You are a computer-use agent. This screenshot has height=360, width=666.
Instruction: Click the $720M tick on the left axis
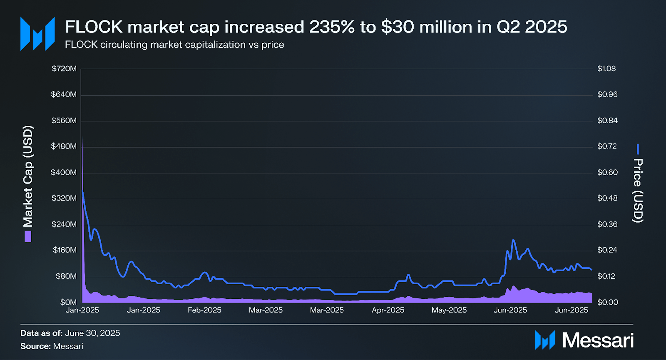pos(64,69)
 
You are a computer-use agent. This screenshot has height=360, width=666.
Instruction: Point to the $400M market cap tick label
pos(64,172)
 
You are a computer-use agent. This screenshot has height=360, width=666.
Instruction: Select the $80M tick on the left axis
pos(66,276)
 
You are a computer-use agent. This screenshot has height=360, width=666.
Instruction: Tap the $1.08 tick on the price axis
pos(606,69)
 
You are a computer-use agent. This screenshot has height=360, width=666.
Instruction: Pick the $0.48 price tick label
pos(607,198)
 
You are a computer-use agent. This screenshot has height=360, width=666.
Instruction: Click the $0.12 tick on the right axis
pos(606,276)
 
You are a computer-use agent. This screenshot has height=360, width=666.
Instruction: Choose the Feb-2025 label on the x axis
pos(204,310)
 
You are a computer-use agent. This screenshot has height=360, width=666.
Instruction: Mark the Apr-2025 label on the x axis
pos(388,310)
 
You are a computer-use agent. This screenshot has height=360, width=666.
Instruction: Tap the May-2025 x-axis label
pos(449,310)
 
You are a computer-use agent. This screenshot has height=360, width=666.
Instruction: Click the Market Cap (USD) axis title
pos(28,176)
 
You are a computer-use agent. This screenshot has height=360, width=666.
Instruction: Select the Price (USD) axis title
pos(638,191)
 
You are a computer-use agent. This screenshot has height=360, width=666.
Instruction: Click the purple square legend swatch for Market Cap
pos(28,237)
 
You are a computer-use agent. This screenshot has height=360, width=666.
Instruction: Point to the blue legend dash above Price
pos(638,149)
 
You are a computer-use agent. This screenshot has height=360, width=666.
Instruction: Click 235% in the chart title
pos(332,27)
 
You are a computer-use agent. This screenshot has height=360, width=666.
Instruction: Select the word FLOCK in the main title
pos(94,27)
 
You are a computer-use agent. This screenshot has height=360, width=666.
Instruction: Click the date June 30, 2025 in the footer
pos(92,333)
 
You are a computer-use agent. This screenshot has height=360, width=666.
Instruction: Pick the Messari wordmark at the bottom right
pos(598,340)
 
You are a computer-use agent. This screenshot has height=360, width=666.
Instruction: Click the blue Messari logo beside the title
pos(37,34)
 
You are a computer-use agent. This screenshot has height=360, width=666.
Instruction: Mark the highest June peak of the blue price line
pos(513,240)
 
